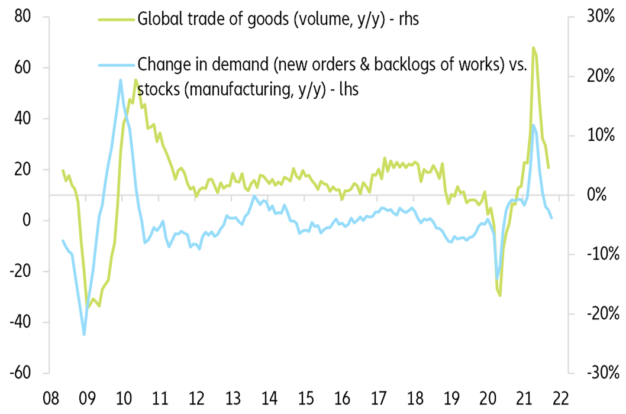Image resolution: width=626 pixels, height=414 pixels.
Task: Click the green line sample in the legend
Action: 116,19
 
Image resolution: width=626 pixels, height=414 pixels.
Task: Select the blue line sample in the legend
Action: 116,64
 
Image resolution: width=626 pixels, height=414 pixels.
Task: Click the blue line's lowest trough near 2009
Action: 84,335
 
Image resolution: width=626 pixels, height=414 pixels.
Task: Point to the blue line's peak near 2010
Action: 121,80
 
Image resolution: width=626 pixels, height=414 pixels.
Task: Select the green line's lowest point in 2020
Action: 500,295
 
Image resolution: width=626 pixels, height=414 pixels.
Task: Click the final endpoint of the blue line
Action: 551,218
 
